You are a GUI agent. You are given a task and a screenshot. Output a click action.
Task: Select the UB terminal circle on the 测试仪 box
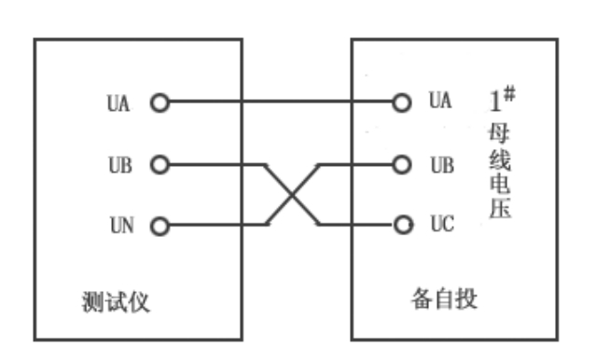point(160,165)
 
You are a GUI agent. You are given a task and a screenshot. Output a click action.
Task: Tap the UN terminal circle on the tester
point(160,226)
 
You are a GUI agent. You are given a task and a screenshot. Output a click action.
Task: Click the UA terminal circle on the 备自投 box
point(403,102)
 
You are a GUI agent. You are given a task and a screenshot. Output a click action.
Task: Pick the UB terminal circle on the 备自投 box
point(403,164)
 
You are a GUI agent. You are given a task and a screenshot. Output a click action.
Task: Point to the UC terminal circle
point(403,225)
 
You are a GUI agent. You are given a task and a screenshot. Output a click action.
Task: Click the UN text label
point(119,226)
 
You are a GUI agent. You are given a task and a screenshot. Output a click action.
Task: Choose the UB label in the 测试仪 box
point(119,165)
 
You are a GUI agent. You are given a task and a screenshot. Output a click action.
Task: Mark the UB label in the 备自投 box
point(441,164)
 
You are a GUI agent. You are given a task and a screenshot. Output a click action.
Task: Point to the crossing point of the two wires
point(294,195)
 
